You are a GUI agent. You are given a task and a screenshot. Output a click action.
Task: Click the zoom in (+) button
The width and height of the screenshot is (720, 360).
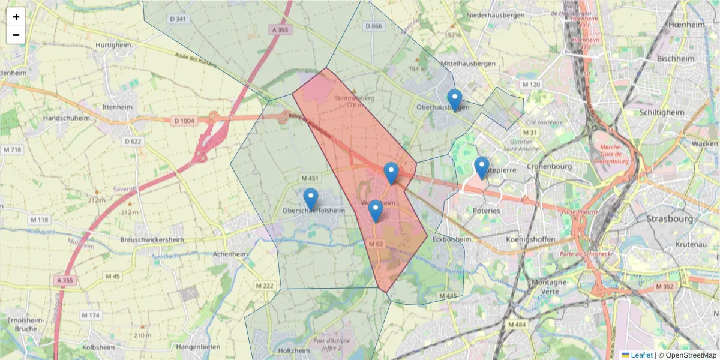click(x=16, y=17)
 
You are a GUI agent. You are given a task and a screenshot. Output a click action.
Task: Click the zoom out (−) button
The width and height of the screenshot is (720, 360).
click(x=16, y=35)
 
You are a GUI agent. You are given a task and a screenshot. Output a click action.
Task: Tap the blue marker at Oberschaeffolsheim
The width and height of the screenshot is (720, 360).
click(x=311, y=199)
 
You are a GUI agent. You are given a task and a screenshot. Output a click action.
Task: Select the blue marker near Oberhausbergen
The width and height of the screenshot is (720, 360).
click(x=455, y=100)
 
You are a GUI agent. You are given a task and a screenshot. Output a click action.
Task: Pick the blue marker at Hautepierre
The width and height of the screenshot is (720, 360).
click(x=481, y=167)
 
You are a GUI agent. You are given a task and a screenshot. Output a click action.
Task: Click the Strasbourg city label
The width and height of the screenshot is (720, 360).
click(x=670, y=219)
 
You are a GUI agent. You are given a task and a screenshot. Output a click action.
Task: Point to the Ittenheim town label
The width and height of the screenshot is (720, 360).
click(x=117, y=107)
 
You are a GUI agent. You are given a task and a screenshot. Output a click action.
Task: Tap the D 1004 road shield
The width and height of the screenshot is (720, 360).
click(x=184, y=121)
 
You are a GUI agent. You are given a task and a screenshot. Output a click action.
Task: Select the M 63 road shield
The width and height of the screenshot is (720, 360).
click(x=376, y=244)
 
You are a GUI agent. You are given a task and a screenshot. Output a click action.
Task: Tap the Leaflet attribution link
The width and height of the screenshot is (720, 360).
click(x=641, y=355)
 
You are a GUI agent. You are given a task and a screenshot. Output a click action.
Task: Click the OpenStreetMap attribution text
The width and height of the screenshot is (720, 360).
click(x=688, y=355)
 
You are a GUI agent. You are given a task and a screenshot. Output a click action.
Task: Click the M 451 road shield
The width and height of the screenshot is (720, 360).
click(x=310, y=179)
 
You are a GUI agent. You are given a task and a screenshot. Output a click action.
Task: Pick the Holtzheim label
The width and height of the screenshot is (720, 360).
click(x=295, y=350)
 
